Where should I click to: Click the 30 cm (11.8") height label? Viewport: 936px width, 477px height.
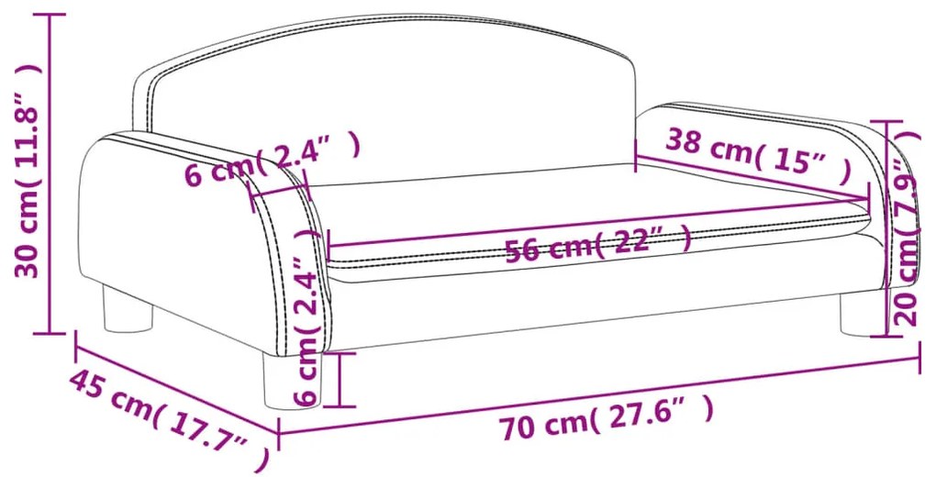pos(28,170)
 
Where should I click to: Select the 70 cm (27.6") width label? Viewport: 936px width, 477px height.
pos(607,418)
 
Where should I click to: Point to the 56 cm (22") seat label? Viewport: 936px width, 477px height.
pos(598,244)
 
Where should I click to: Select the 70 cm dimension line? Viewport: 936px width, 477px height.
pos(598,395)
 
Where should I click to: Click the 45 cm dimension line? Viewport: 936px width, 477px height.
pos(177,383)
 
